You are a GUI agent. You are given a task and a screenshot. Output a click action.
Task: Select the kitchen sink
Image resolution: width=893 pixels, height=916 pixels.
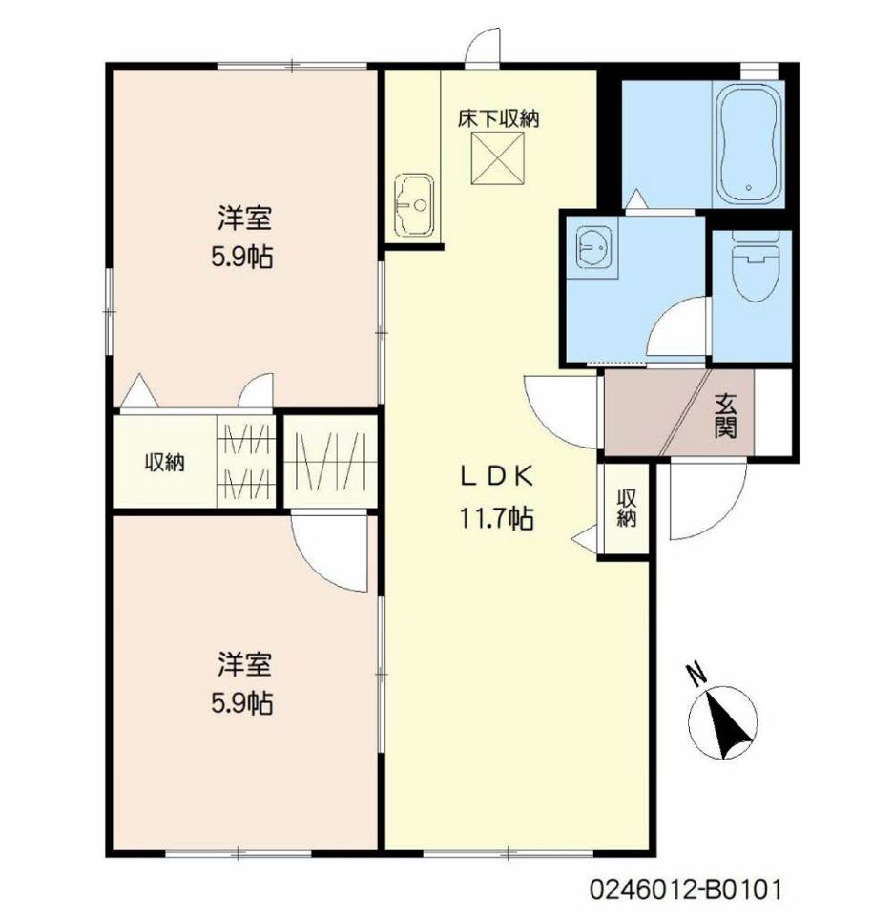click(413, 205)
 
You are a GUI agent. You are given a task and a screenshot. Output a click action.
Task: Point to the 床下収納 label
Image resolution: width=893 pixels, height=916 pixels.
click(498, 119)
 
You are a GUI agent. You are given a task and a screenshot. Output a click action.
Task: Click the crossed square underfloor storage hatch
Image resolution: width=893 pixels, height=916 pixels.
click(498, 158)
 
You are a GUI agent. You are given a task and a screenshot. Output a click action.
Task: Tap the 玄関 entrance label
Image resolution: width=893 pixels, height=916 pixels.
click(725, 416)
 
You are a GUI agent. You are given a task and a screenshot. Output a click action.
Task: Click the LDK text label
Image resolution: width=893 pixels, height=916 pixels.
click(497, 477)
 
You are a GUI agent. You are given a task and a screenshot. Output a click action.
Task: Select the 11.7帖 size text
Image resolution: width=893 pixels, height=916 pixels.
click(496, 517)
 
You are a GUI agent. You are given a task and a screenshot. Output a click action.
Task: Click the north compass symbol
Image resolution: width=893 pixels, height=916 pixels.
click(723, 722)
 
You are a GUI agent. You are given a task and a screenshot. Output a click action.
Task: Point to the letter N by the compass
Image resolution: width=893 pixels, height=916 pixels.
click(696, 675)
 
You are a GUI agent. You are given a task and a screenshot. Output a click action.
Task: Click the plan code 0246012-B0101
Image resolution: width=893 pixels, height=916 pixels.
click(684, 889)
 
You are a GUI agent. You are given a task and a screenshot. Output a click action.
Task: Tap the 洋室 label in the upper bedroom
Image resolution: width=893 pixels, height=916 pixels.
click(244, 219)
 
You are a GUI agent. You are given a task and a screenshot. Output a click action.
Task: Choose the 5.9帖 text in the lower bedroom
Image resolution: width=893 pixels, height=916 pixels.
click(241, 703)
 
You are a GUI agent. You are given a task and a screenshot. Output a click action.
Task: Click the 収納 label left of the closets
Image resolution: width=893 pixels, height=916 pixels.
click(165, 463)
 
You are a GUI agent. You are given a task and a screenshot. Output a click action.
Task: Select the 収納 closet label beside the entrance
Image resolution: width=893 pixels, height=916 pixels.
click(627, 509)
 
